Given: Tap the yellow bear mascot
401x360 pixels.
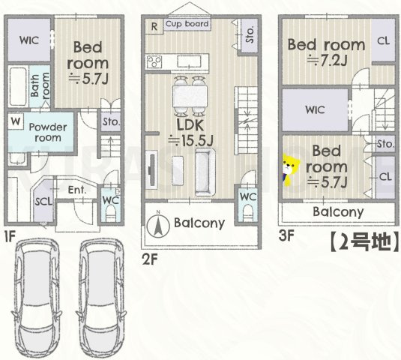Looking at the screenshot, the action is (290, 170).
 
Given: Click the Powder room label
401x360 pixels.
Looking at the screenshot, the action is (48, 132).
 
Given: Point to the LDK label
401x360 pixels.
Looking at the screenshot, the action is (190, 125).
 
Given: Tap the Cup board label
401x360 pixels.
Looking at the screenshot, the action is (187, 24).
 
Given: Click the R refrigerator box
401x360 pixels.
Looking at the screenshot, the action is (154, 26).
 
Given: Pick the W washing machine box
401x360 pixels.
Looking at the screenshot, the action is (16, 121).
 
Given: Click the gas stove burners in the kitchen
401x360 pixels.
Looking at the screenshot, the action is (154, 62).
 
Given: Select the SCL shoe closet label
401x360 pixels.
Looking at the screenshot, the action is (43, 201).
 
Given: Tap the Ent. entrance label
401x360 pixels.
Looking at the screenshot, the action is (77, 190).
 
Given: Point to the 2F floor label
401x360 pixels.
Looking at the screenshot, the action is (150, 260).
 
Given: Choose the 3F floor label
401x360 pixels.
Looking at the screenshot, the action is (286, 235).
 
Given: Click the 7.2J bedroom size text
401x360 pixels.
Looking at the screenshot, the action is (327, 61).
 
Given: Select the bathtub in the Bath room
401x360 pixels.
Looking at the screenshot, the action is (18, 86).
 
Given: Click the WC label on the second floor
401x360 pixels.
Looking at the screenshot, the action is (247, 197).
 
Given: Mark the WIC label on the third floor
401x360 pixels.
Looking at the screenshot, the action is (315, 110).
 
